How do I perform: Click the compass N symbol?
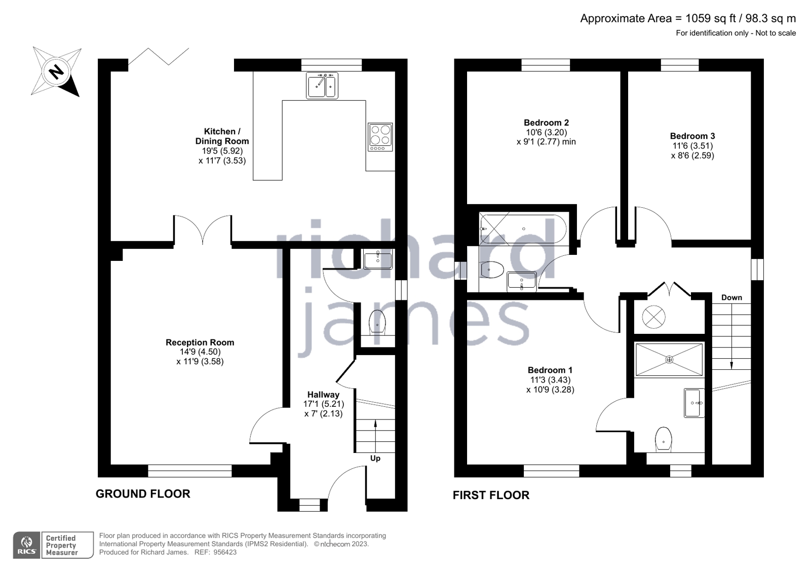click(x=56, y=71)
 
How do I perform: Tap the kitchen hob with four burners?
click(x=380, y=137)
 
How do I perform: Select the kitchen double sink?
click(x=322, y=86)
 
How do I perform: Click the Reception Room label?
click(x=200, y=342)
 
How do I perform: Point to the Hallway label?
click(x=323, y=395)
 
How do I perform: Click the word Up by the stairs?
click(x=375, y=459)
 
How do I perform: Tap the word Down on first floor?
click(x=731, y=297)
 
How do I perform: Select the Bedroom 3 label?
click(x=692, y=136)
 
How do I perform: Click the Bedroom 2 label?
click(x=547, y=123)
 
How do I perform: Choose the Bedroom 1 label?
click(x=550, y=370)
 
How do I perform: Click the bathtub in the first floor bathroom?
click(x=523, y=229)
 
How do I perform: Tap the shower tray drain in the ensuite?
click(x=669, y=360)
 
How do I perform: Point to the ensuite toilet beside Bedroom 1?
click(x=664, y=440)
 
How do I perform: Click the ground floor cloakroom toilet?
click(x=377, y=322)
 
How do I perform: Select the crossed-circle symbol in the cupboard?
click(x=653, y=317)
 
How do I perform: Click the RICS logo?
click(x=26, y=545)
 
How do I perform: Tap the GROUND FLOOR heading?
click(x=143, y=494)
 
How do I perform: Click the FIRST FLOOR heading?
click(x=491, y=495)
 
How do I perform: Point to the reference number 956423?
click(x=225, y=552)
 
